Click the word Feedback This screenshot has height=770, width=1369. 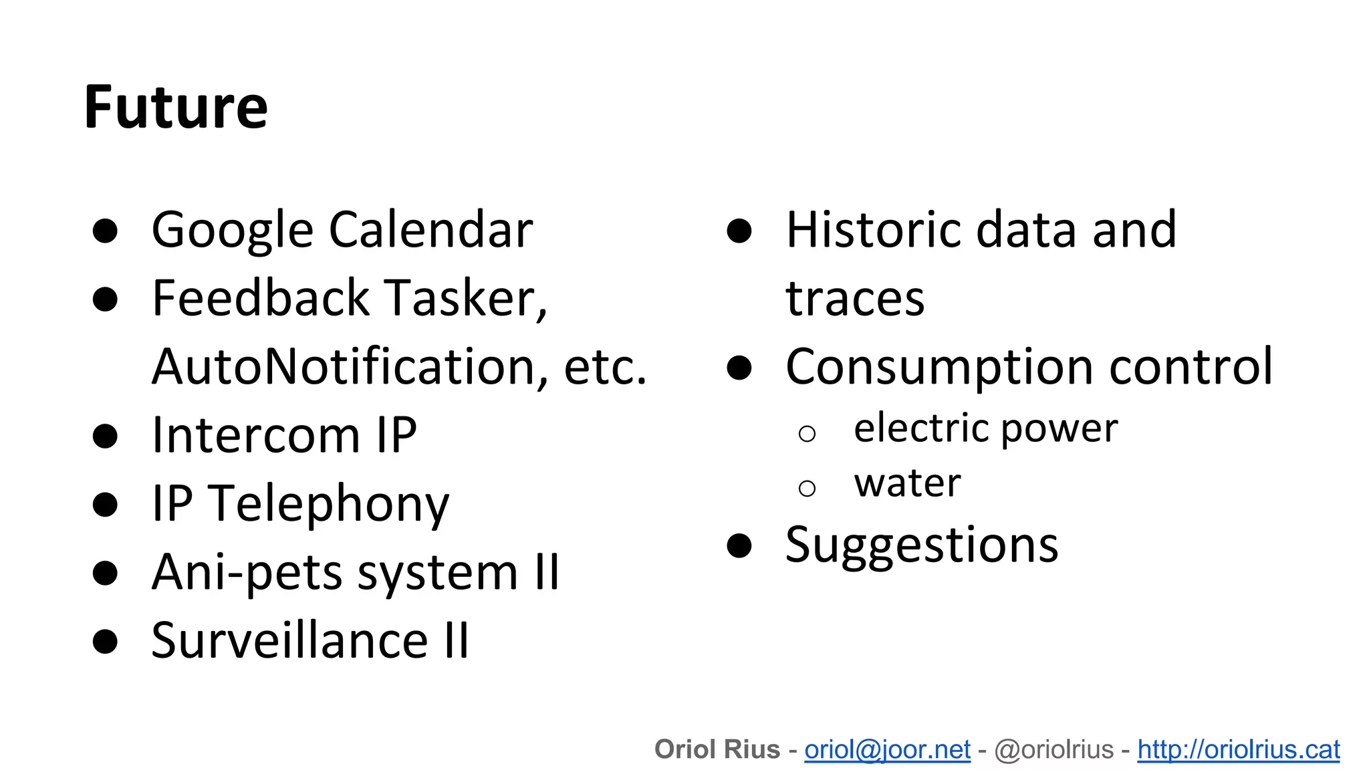pyautogui.click(x=260, y=298)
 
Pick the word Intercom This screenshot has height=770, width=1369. pyautogui.click(x=256, y=436)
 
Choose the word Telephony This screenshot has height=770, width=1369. pyautogui.click(x=328, y=504)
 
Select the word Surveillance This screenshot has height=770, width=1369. pyautogui.click(x=289, y=641)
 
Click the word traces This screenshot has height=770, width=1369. pyautogui.click(x=855, y=298)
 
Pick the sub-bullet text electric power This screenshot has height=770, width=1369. pyautogui.click(x=985, y=428)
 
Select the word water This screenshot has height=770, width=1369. pyautogui.click(x=907, y=483)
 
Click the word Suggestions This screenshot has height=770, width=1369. pyautogui.click(x=922, y=545)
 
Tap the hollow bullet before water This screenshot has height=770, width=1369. pyautogui.click(x=807, y=489)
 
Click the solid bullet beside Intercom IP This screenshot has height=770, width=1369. pyautogui.click(x=106, y=436)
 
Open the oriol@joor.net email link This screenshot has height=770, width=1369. pyautogui.click(x=887, y=750)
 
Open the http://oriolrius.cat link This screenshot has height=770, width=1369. pyautogui.click(x=1238, y=750)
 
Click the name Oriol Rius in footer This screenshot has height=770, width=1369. pyautogui.click(x=717, y=750)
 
